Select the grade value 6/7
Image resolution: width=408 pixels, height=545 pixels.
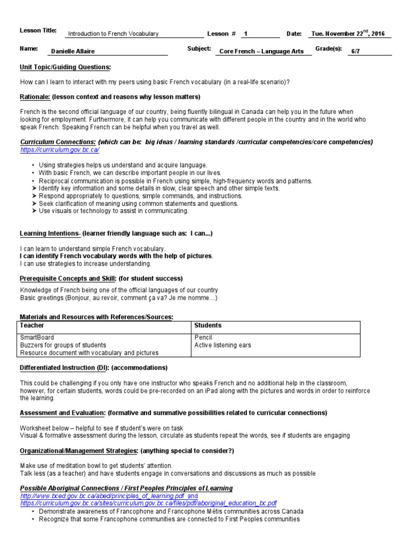[x=355, y=52]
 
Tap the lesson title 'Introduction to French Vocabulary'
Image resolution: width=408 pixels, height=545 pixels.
[x=113, y=34]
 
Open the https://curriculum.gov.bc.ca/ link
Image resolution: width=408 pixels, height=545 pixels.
[x=59, y=150]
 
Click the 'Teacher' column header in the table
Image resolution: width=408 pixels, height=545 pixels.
[x=32, y=325]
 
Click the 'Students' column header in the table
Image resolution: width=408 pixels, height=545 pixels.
[x=208, y=325]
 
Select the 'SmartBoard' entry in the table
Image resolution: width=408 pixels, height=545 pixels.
[x=37, y=337]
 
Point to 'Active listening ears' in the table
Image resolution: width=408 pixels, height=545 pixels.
[x=223, y=345]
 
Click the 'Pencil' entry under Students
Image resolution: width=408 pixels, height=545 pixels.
[x=203, y=337]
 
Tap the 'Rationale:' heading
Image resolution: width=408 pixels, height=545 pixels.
[x=35, y=97]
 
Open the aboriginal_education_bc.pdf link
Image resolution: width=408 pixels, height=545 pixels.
[x=148, y=503]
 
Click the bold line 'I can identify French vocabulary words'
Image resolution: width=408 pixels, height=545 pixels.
[x=116, y=256]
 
